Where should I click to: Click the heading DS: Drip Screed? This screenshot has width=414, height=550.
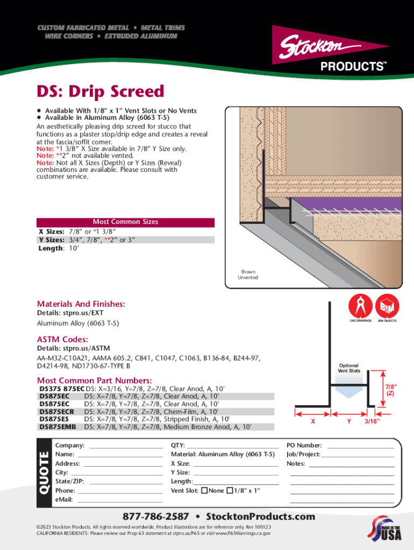100,92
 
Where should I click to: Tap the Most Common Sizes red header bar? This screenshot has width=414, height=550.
125,222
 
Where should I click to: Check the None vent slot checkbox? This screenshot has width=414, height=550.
204,490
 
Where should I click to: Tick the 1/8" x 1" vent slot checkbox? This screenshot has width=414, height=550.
230,490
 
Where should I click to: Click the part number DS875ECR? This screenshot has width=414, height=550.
56,411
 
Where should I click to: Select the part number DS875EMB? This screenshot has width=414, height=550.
58,426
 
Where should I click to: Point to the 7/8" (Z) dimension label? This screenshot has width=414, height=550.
390,389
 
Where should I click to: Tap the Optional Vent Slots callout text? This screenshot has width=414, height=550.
348,368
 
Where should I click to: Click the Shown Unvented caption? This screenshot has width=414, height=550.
248,274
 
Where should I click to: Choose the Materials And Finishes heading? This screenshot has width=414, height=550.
81,304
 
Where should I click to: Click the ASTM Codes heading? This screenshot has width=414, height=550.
62,339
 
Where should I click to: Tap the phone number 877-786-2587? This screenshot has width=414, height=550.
156,516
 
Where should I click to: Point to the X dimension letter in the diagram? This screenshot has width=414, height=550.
313,422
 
